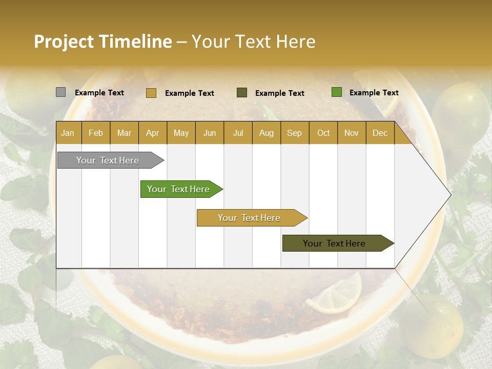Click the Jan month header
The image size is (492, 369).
[x=68, y=133]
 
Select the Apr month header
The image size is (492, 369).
[x=153, y=133]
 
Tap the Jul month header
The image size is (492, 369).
[x=238, y=133]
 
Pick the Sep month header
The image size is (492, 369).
[x=294, y=133]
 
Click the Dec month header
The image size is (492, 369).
[x=380, y=133]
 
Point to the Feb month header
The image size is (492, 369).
[x=96, y=133]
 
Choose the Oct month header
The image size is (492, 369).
[x=323, y=133]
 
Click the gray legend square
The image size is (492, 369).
[x=60, y=92]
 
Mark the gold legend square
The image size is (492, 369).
[x=151, y=93]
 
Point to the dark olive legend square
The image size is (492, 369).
[x=242, y=92]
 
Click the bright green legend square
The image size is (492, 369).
[x=336, y=92]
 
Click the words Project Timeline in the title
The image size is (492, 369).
[x=103, y=42]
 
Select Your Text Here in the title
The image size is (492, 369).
[x=254, y=42]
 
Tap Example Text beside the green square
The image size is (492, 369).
[x=374, y=93]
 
